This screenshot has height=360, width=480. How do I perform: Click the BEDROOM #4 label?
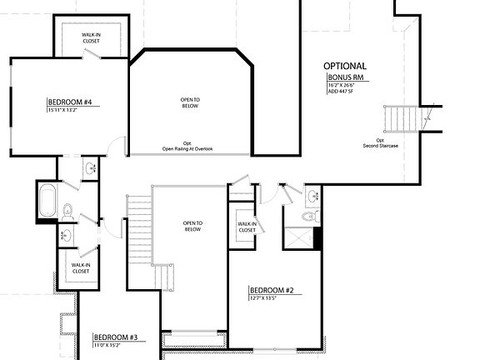coord(69,102)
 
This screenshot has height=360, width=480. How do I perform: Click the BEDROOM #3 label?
coord(115,337)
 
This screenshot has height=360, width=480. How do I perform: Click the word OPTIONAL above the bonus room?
coord(345,66)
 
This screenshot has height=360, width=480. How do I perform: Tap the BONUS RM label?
coord(347,77)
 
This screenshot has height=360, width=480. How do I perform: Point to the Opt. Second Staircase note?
coord(380,143)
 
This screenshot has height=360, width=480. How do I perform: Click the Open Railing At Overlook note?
coord(187,149)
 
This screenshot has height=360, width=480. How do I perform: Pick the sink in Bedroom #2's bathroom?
coord(312,197)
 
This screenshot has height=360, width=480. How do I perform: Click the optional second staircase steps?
coord(401,118)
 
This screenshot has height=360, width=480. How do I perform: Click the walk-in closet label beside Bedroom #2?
coord(247,227)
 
